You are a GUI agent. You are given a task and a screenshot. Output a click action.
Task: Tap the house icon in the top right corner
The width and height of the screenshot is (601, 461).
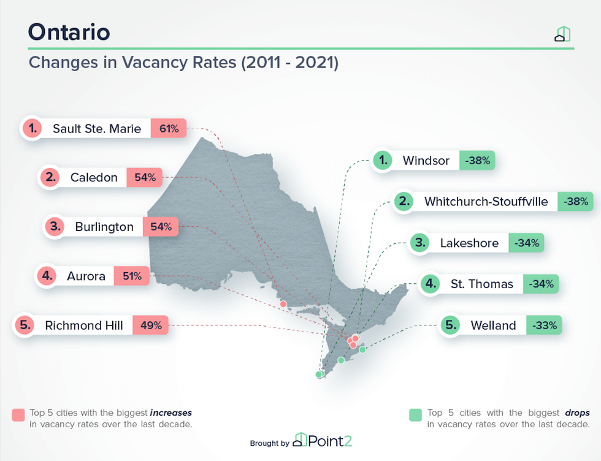pos(562,34)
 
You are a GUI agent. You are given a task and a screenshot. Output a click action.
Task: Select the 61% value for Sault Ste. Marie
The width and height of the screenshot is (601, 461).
pos(169,129)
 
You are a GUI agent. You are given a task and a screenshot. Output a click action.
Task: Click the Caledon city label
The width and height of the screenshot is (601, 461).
pos(94,178)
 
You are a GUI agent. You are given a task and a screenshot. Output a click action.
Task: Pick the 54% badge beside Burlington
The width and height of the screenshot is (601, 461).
pos(161,227)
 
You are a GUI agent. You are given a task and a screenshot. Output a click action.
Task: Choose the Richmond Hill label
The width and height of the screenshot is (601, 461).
pos(83,326)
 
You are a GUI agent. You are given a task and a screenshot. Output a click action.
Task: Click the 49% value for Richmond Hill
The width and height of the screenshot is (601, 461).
pos(150,326)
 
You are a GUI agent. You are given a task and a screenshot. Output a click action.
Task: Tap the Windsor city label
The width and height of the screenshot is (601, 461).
pos(426,161)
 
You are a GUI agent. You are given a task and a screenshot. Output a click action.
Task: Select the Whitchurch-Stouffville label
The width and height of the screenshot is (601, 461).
pos(486,201)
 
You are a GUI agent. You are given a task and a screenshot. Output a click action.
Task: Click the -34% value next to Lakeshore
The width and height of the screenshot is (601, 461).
pos(526,243)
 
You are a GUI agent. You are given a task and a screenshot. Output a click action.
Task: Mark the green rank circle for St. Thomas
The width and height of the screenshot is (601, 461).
pos(431,284)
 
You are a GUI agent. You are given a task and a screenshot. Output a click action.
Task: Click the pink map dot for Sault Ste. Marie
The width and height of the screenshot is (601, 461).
pos(283,304)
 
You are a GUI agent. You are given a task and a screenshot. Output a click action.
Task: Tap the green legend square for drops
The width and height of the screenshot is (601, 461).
pos(416,415)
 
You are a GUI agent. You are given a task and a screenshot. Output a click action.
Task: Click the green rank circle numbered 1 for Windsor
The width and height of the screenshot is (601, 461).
pos(383,161)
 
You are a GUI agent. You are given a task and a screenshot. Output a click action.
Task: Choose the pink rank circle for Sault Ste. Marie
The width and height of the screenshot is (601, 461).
pos(32,129)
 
